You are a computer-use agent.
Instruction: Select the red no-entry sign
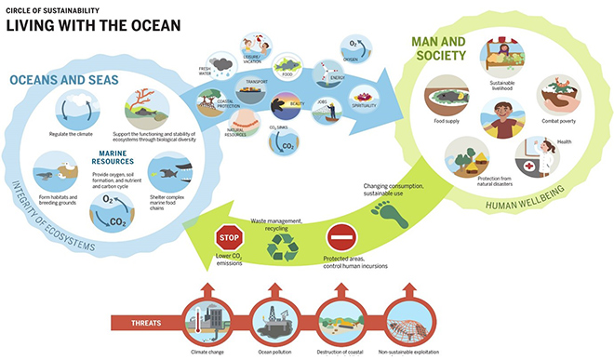[x=343, y=235]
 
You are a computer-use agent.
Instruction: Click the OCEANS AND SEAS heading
[x=64, y=80]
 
